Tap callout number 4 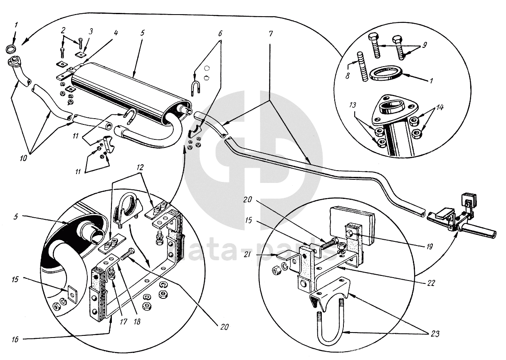(x=116, y=33)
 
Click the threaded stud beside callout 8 (x=362, y=66)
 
